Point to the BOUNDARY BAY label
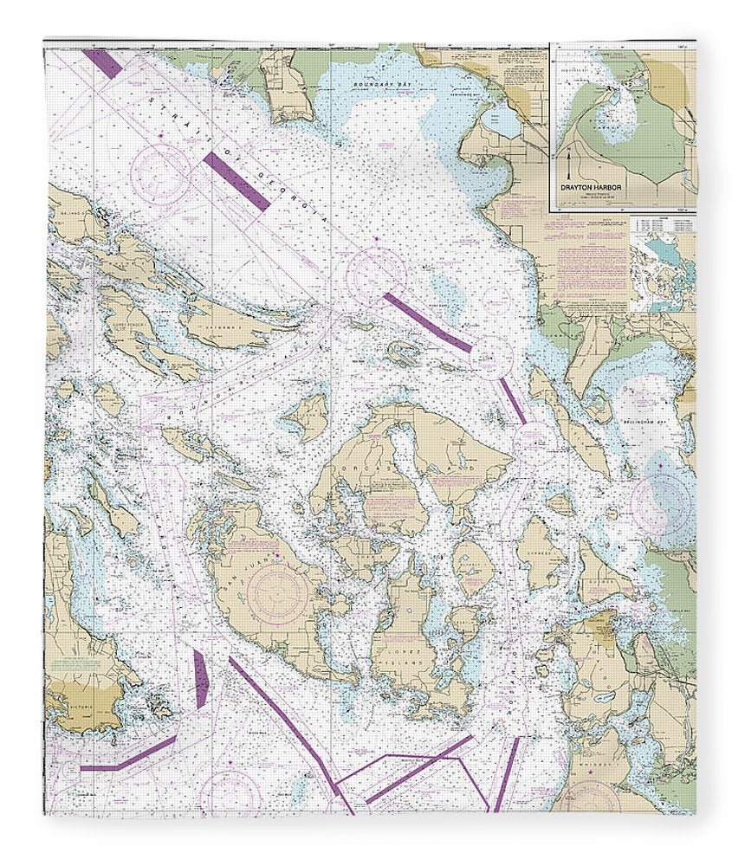pos(374,85)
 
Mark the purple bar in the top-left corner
pos(103,63)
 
